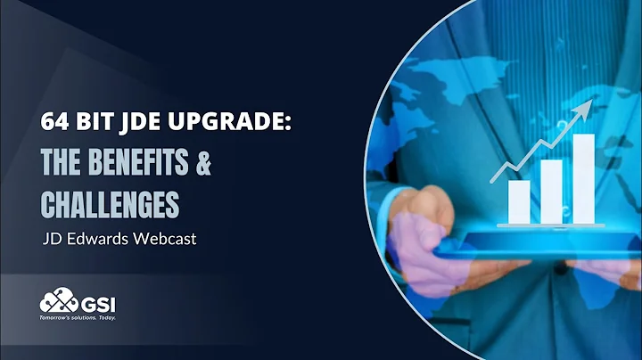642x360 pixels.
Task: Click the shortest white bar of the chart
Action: [519, 200]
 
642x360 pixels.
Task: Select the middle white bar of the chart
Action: [551, 190]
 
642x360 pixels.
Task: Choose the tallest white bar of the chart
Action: [584, 177]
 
